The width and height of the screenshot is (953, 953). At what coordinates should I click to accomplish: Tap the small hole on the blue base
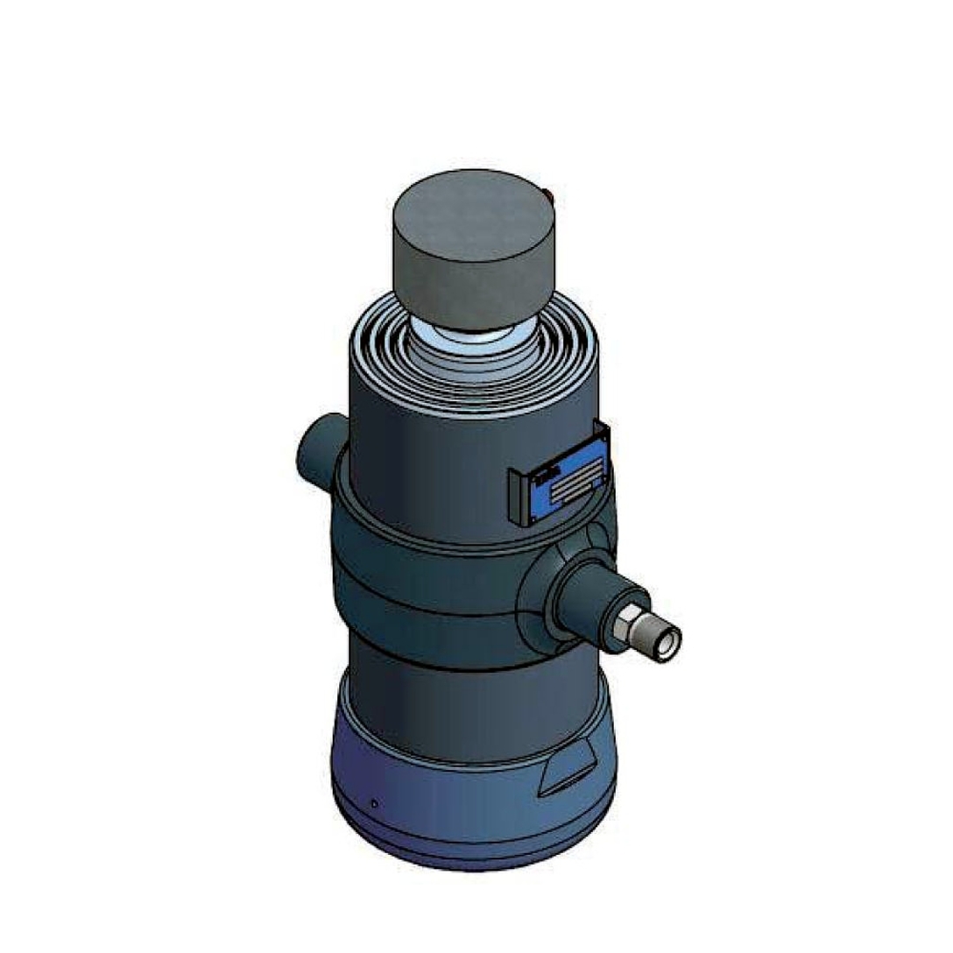click(375, 802)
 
